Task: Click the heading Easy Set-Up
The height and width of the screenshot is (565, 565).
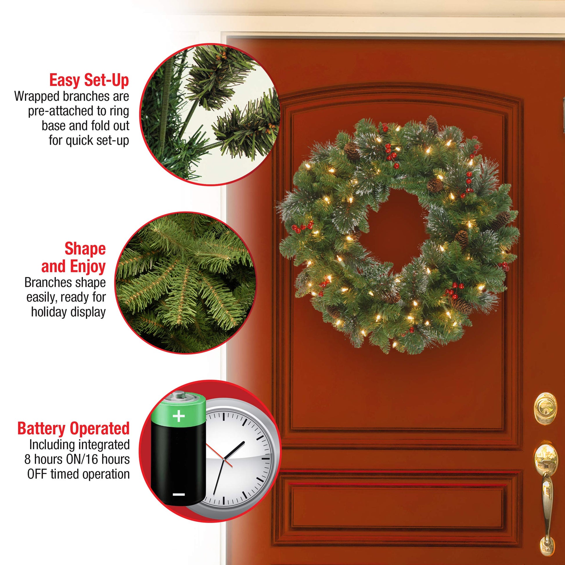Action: click(89, 80)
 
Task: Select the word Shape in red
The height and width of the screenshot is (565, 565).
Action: click(85, 249)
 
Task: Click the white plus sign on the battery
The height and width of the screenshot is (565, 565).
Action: click(179, 416)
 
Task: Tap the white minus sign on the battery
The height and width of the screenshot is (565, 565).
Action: click(178, 494)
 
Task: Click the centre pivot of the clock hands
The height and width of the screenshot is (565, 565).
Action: click(224, 460)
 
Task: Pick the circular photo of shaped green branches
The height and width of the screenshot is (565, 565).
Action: click(186, 283)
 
